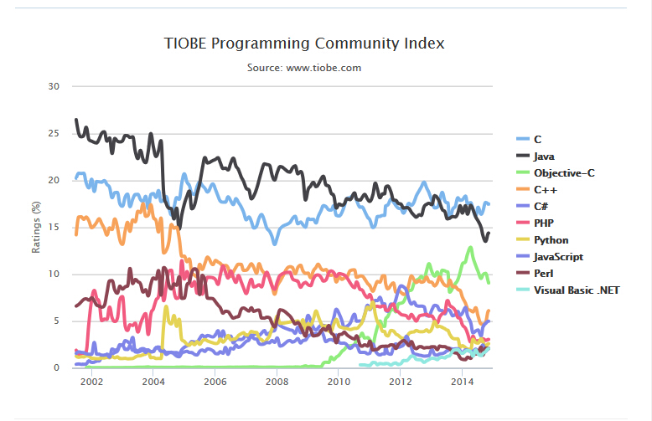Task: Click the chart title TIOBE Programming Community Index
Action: [x=304, y=43]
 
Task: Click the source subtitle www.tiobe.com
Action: [x=304, y=67]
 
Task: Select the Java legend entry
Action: [x=543, y=156]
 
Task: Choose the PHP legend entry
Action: [x=544, y=223]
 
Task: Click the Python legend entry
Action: [x=549, y=240]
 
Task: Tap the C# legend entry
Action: [x=541, y=206]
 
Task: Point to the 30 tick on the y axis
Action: [x=54, y=86]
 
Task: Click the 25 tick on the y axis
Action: [x=54, y=133]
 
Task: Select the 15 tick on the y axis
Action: [x=54, y=227]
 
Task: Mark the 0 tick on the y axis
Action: [x=56, y=367]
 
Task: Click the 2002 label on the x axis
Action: [x=91, y=382]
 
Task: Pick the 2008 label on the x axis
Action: [x=277, y=382]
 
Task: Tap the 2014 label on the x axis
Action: [x=462, y=382]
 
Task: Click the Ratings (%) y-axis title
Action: [x=37, y=227]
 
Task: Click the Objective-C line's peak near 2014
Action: [x=471, y=248]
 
